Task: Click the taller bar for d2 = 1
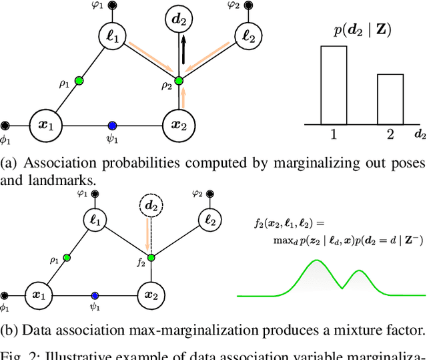click(334, 85)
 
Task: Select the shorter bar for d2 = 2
click(390, 99)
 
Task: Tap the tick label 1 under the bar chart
click(334, 134)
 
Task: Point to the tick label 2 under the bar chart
click(390, 134)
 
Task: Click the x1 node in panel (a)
click(46, 124)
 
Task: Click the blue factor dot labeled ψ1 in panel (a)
click(112, 125)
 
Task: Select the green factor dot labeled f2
click(151, 258)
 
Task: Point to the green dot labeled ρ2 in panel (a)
click(178, 79)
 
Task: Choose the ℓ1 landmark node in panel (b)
click(95, 219)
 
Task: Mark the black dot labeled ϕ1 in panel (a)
click(5, 124)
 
